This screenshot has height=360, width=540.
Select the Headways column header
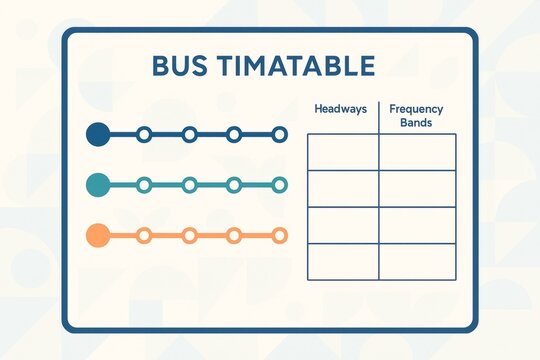[341, 108]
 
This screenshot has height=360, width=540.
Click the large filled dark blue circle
[98, 134]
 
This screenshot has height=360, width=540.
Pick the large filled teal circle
[98, 184]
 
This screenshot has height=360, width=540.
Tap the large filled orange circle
[98, 236]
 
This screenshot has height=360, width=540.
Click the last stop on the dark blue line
[279, 134]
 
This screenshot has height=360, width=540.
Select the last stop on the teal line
[279, 184]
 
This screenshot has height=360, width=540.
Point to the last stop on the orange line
[279, 236]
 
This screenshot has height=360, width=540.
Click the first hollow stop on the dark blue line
[144, 134]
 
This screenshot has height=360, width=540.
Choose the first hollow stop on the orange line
[144, 236]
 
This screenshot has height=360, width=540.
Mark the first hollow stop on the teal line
[144, 184]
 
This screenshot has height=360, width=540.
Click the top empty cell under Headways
[343, 152]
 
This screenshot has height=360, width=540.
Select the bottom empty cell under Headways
[343, 261]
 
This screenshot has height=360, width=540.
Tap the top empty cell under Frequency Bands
[417, 152]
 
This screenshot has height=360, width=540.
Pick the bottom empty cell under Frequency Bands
[417, 261]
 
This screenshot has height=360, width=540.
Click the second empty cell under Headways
[343, 188]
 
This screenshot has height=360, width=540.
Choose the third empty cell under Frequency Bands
[417, 225]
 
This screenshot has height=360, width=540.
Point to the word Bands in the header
[416, 121]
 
